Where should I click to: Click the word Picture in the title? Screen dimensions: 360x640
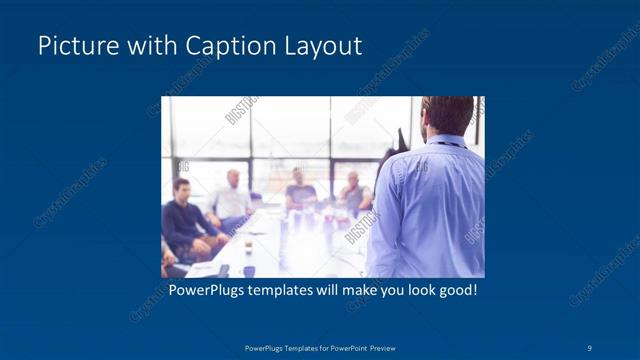(x=72, y=46)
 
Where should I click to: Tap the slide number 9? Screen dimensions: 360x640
(x=590, y=347)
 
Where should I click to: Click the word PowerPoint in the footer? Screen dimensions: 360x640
(x=338, y=347)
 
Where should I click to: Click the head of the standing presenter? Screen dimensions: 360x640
(x=446, y=114)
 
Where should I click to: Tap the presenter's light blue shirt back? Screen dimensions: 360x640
(x=430, y=210)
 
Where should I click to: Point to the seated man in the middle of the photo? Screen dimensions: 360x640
(x=301, y=190)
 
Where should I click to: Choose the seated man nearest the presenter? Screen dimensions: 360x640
(x=351, y=194)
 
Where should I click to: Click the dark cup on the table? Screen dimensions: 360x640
(x=249, y=270)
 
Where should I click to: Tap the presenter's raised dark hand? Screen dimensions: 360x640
(x=401, y=139)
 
